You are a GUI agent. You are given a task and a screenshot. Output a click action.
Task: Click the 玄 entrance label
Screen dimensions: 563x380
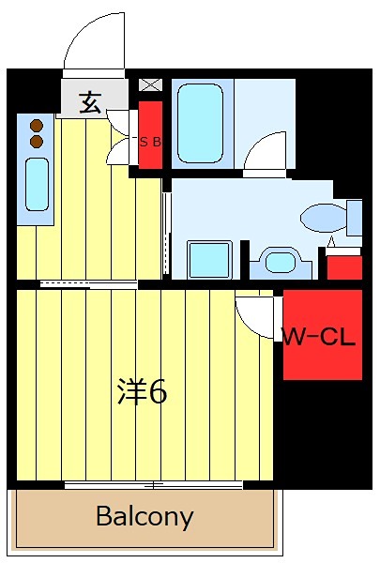[91, 102]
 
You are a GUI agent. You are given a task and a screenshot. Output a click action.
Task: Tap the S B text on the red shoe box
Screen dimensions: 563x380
[150, 143]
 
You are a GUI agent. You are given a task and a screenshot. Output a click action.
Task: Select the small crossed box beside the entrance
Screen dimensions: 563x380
[150, 85]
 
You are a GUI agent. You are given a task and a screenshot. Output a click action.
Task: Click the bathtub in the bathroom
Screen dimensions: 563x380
[199, 123]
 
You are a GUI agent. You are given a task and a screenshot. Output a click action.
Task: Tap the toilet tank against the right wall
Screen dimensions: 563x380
[354, 218]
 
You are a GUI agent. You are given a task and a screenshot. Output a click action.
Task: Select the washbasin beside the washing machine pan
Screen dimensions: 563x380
[279, 261]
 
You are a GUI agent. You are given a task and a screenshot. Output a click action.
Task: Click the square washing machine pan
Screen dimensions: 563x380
[209, 260]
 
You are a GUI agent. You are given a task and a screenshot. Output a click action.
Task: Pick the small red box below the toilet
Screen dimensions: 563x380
[343, 266]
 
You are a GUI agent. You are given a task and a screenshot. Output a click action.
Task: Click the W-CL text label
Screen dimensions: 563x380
[322, 337]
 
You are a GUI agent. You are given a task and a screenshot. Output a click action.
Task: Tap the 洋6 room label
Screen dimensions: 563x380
[142, 392]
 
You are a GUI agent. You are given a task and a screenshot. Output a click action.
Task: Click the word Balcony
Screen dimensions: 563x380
[144, 516]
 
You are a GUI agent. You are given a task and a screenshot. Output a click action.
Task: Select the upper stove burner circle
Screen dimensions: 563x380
[37, 124]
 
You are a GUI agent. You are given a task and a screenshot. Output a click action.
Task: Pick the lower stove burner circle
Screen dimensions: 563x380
[37, 141]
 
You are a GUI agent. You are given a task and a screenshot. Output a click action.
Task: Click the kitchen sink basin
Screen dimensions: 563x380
[37, 184]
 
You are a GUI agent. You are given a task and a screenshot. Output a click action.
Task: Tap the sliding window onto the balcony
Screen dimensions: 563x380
[155, 485]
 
